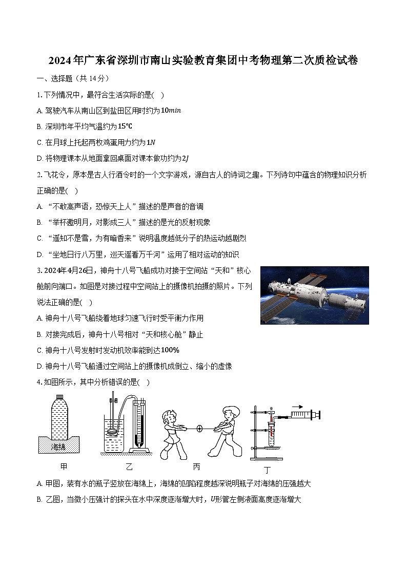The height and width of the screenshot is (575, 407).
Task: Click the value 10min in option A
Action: click(171, 111)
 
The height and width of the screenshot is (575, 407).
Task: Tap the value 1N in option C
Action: click(151, 142)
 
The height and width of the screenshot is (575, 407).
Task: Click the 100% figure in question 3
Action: click(170, 350)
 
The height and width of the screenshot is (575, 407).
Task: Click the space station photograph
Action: click(314, 295)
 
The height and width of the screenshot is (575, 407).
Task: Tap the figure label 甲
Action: click(64, 466)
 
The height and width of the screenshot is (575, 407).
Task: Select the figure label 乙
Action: click(129, 466)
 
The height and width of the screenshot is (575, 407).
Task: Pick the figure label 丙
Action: click(197, 466)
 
